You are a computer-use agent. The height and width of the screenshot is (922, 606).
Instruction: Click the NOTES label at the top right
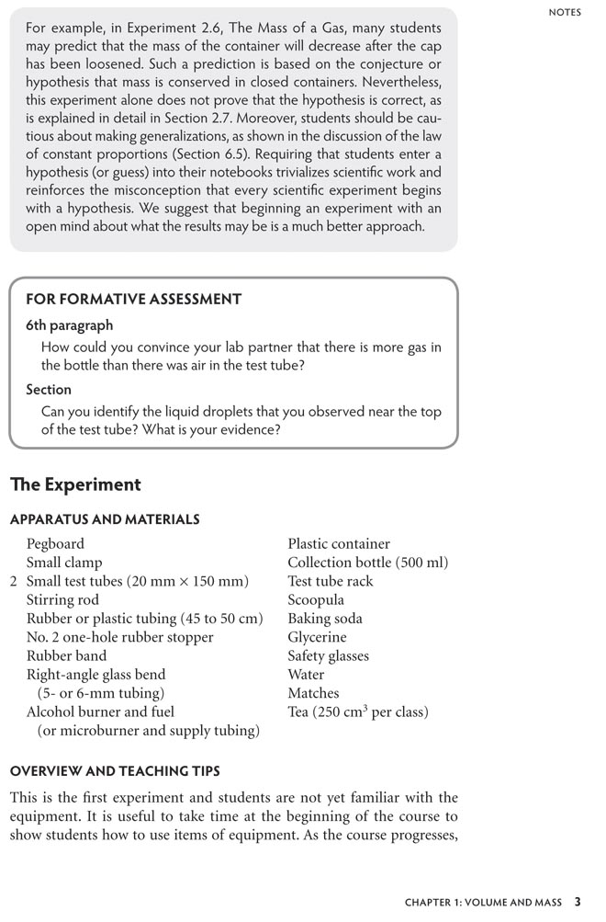coord(565,12)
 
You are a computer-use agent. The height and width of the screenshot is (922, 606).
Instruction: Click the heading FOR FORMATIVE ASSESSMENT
coord(133,299)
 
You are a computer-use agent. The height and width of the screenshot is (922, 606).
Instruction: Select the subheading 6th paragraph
coord(70,325)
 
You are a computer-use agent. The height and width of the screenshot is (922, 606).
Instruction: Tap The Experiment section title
coord(75,484)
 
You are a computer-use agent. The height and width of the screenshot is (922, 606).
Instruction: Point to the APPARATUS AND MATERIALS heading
coord(105,519)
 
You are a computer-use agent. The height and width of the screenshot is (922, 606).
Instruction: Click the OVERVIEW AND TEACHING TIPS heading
coord(115,770)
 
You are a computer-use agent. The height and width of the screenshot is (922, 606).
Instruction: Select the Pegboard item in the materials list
coord(55,544)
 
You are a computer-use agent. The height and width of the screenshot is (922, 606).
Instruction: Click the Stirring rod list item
coord(62,599)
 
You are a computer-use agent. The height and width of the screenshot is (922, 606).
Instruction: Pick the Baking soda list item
coord(324,619)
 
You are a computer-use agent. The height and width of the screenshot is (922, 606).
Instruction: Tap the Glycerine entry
coord(317,637)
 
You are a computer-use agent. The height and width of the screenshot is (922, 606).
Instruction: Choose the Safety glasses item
coord(328,655)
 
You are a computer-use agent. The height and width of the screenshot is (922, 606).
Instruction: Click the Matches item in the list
coord(313,693)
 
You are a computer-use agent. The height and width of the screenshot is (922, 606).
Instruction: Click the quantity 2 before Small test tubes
coord(14,581)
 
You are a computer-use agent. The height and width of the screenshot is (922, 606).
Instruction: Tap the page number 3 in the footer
coord(577,903)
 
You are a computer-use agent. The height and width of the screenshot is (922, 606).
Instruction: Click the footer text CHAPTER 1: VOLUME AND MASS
coord(483,904)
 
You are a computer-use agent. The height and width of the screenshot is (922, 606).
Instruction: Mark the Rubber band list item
coord(66,655)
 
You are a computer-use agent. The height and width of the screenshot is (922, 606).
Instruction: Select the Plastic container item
coord(338,544)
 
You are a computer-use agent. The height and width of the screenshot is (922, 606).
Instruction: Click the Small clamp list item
coord(64,563)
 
